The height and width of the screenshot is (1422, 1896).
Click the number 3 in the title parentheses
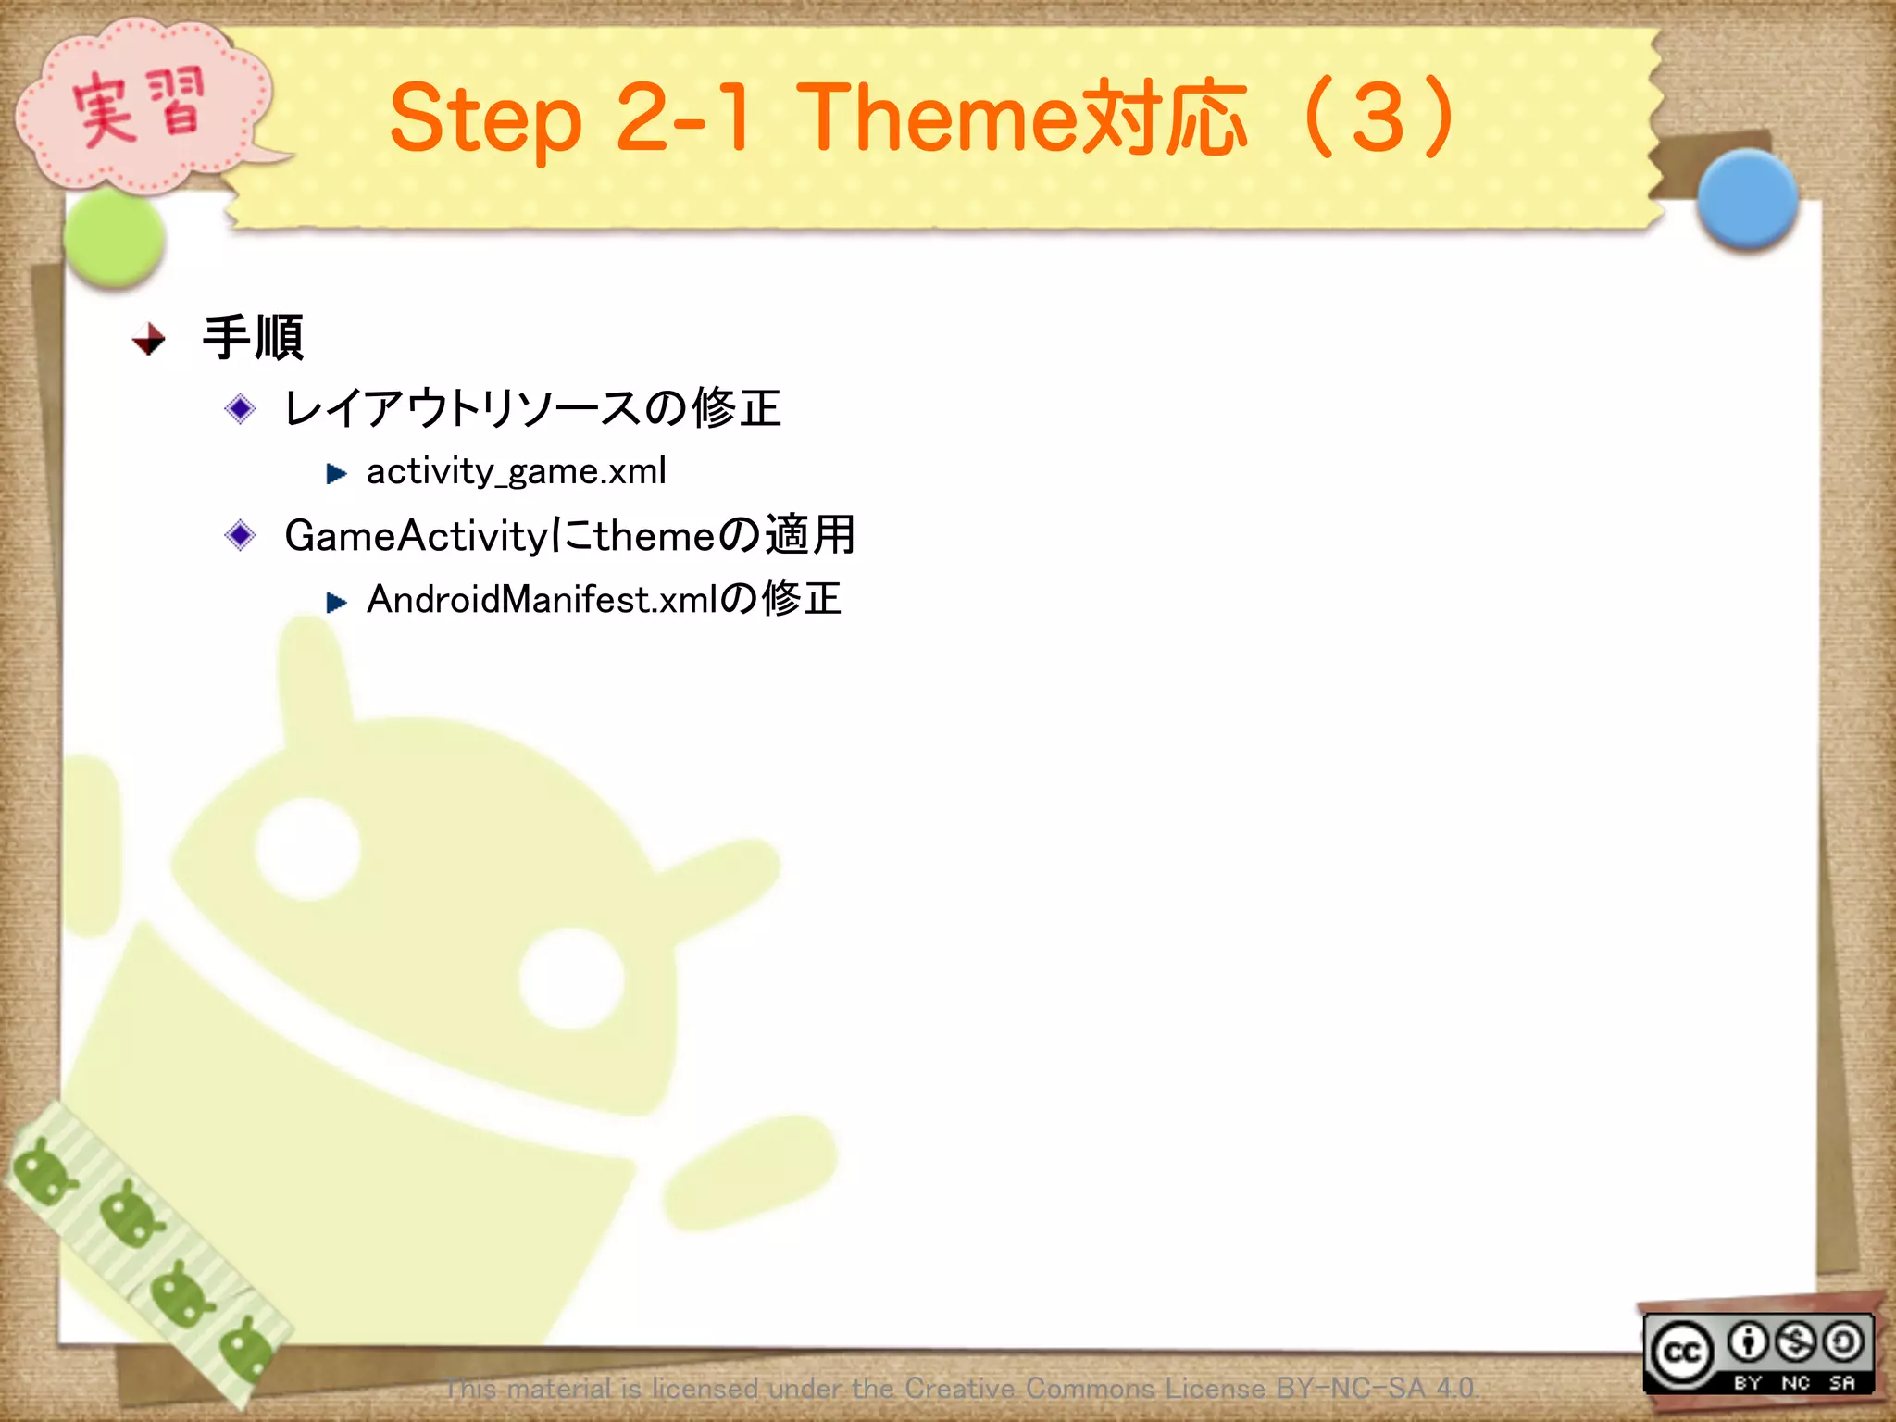(x=1378, y=118)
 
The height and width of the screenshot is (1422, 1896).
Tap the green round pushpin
(x=115, y=238)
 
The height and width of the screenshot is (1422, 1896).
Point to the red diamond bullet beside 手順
(x=149, y=340)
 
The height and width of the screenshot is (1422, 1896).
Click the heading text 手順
(x=254, y=337)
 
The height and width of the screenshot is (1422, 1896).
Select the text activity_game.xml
(x=516, y=471)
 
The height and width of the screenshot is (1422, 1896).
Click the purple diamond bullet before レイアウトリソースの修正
(x=241, y=408)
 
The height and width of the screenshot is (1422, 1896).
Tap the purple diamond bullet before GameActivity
(x=241, y=535)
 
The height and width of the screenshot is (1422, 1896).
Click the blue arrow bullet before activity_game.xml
(x=337, y=474)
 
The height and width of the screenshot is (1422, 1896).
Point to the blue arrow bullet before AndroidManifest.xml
(x=337, y=603)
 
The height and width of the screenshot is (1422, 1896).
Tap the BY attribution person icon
(x=1748, y=1341)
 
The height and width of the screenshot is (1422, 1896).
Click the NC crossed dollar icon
(x=1796, y=1341)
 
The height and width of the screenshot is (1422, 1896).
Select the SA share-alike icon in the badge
(x=1843, y=1341)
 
